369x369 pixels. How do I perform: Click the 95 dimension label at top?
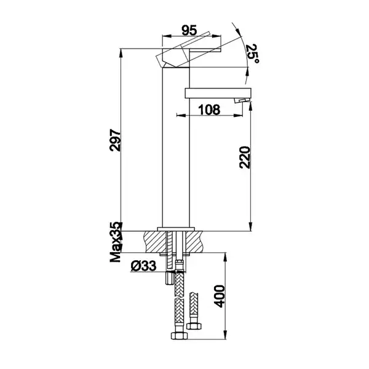pyautogui.click(x=189, y=30)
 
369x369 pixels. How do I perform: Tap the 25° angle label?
pyautogui.click(x=252, y=54)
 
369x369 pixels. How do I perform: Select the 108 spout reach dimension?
pyautogui.click(x=209, y=109)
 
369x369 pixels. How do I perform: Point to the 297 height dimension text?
pyautogui.click(x=115, y=140)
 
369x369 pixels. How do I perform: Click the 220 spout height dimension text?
pyautogui.click(x=245, y=157)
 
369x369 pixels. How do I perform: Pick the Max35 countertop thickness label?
pyautogui.click(x=116, y=242)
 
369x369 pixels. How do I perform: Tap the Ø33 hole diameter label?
pyautogui.click(x=143, y=266)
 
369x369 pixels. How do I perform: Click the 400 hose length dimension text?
pyautogui.click(x=220, y=296)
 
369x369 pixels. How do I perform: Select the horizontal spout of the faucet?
pyautogui.click(x=218, y=93)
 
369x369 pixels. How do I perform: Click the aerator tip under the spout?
pyautogui.click(x=241, y=100)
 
